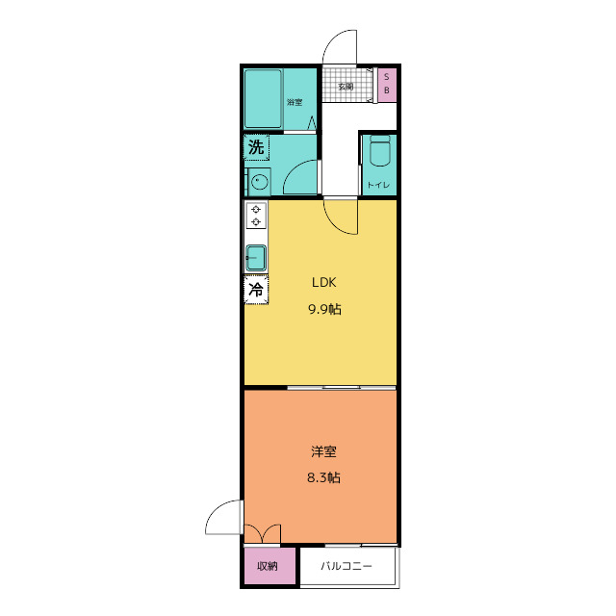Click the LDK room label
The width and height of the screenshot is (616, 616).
(324, 282)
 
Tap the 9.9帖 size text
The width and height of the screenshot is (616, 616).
(324, 310)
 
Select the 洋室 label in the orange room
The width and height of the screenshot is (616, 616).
(323, 451)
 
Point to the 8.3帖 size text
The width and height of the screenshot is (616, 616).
(323, 477)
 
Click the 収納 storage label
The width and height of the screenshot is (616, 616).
(268, 566)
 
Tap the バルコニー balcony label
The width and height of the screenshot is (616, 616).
(346, 566)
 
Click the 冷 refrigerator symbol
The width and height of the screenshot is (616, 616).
(256, 290)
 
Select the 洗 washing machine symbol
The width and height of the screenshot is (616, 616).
(256, 147)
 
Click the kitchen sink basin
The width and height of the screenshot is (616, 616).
(256, 258)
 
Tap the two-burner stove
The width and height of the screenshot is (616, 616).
(256, 216)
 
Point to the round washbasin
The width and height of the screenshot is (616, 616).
(259, 182)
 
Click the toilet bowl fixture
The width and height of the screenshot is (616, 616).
(380, 150)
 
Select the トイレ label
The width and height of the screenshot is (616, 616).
(378, 185)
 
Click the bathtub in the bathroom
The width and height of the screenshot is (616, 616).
(263, 99)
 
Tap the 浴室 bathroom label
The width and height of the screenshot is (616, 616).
(295, 102)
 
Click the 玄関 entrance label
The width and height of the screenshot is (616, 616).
(346, 87)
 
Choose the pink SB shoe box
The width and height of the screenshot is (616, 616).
(387, 85)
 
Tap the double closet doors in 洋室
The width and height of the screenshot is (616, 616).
(263, 533)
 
